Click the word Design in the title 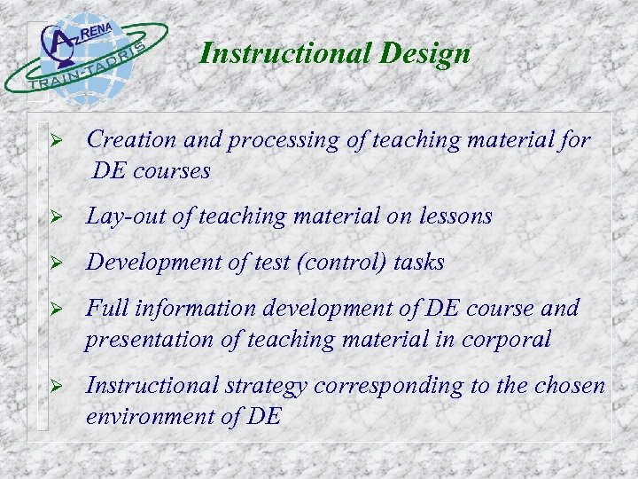(x=425, y=55)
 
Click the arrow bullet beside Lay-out (x=55, y=217)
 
